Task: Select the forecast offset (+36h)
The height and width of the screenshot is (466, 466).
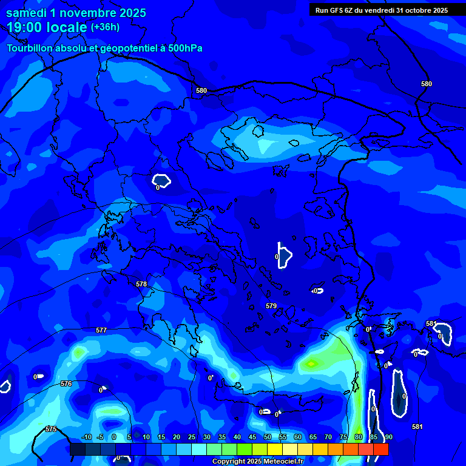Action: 105,27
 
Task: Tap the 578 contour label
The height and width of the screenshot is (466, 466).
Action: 141,284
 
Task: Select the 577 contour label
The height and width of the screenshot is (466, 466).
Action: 101,330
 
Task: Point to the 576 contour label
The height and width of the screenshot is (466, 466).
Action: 66,383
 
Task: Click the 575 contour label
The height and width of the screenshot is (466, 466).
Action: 51,429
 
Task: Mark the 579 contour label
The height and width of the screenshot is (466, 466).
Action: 271,306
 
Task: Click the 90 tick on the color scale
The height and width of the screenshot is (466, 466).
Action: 388,437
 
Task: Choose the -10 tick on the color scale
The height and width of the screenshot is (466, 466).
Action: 86,437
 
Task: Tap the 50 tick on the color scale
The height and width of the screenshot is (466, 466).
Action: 268,437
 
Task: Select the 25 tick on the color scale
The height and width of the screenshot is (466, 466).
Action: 192,437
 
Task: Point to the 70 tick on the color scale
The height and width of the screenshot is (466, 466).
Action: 328,437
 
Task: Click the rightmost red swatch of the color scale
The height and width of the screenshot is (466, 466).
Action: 381,449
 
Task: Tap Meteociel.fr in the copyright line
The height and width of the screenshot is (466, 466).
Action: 283,462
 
